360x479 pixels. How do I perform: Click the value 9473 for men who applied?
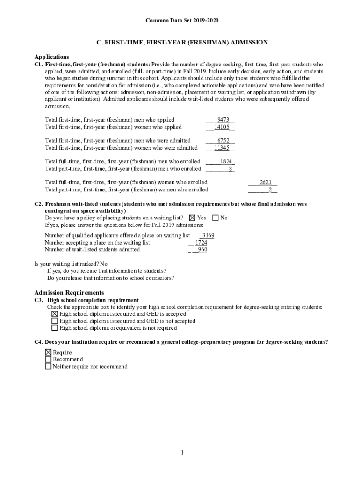pyautogui.click(x=223, y=120)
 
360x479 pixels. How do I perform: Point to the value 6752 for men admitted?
pyautogui.click(x=223, y=141)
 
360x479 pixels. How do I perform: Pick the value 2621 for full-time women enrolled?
pyautogui.click(x=266, y=182)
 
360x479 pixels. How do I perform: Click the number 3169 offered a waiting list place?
pyautogui.click(x=208, y=236)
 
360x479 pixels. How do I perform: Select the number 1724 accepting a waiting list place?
pyautogui.click(x=201, y=243)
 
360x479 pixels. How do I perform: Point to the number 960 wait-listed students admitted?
pyautogui.click(x=202, y=250)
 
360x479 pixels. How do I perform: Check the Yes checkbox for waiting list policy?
pyautogui.click(x=192, y=218)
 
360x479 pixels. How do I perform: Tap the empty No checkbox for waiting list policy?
pyautogui.click(x=216, y=218)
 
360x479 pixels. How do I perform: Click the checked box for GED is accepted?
pyautogui.click(x=55, y=314)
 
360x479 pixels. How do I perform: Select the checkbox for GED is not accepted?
pyautogui.click(x=55, y=321)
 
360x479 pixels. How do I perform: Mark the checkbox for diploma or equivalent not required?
pyautogui.click(x=55, y=328)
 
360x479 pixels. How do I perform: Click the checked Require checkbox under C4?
pyautogui.click(x=48, y=352)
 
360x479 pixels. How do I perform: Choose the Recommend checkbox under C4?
pyautogui.click(x=48, y=359)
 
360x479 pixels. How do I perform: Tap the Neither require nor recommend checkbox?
pyautogui.click(x=48, y=367)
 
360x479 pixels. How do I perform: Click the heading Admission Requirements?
pyautogui.click(x=69, y=293)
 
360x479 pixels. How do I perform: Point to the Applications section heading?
pyautogui.click(x=52, y=57)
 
